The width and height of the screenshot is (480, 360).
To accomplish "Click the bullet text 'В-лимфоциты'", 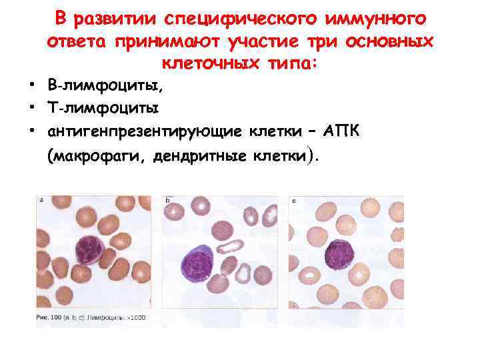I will pyautogui.click(x=105, y=86).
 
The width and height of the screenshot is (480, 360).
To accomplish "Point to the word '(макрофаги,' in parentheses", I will pyautogui.click(x=96, y=157).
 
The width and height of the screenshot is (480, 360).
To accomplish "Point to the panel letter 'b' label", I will pyautogui.click(x=167, y=199).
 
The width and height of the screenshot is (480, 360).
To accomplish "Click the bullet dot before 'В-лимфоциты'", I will pyautogui.click(x=32, y=86).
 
